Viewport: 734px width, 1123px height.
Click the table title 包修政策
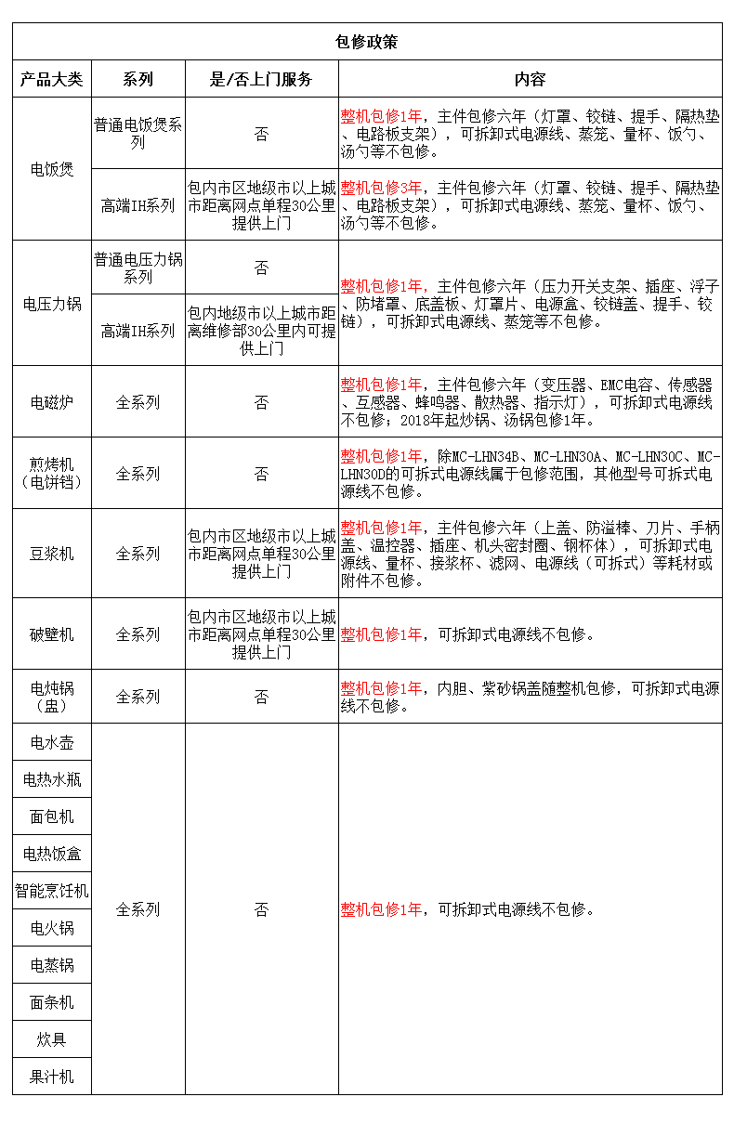click(x=366, y=42)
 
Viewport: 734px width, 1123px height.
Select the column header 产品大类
click(x=52, y=80)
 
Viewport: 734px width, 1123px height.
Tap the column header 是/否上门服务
click(x=261, y=80)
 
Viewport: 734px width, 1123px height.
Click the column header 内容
click(x=530, y=80)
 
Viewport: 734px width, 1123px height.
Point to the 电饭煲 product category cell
click(x=52, y=170)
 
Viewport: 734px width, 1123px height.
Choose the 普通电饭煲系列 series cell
click(x=138, y=134)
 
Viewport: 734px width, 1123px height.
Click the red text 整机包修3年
click(x=381, y=188)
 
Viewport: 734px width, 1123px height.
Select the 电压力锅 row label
click(x=52, y=304)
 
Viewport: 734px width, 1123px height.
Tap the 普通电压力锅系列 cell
click(x=138, y=268)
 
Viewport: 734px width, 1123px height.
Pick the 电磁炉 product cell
click(x=52, y=402)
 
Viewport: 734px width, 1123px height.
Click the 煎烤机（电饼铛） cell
click(x=52, y=473)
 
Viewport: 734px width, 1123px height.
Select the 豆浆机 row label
click(x=52, y=554)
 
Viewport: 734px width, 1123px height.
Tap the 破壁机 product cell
click(x=52, y=634)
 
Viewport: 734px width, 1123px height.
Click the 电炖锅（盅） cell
click(x=52, y=697)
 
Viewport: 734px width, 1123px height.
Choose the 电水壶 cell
click(x=52, y=742)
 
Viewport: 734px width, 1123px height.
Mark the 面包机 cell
click(x=52, y=816)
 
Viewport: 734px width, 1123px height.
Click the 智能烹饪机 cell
click(x=52, y=891)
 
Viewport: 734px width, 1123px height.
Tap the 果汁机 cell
click(x=52, y=1077)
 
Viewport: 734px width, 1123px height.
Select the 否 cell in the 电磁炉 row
click(x=261, y=402)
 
